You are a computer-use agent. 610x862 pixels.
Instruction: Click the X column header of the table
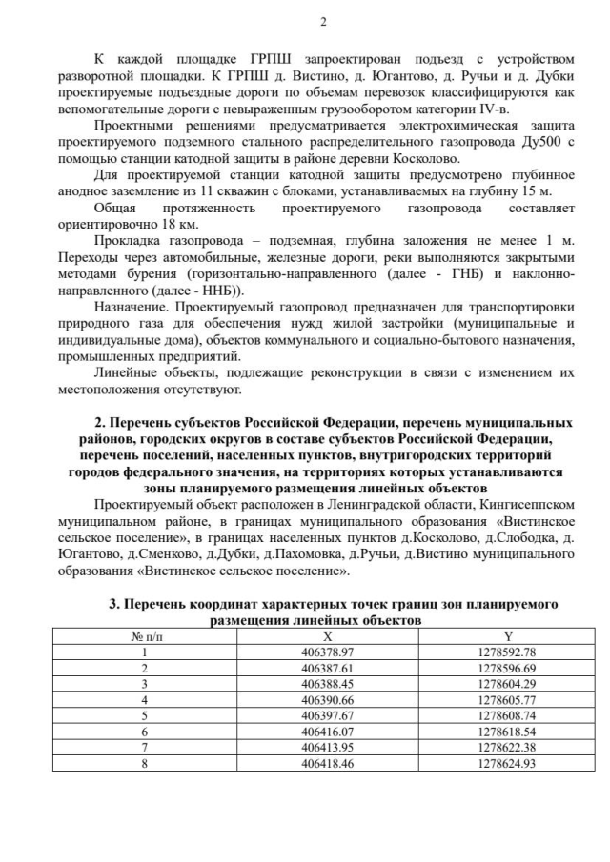tap(327, 636)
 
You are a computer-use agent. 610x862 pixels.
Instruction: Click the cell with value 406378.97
tap(327, 652)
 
